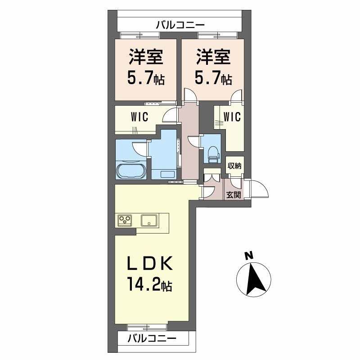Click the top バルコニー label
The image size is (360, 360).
pyautogui.click(x=180, y=25)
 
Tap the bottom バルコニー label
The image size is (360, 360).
pyautogui.click(x=152, y=338)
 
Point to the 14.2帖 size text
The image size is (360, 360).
pyautogui.click(x=149, y=284)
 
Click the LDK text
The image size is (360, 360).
pyautogui.click(x=150, y=263)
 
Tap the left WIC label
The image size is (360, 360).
pyautogui.click(x=139, y=117)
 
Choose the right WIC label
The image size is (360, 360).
pyautogui.click(x=232, y=117)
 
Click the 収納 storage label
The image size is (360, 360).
pyautogui.click(x=234, y=166)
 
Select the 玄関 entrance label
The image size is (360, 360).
pyautogui.click(x=234, y=195)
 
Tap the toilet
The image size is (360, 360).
pyautogui.click(x=213, y=154)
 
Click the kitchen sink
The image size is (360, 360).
pyautogui.click(x=149, y=220)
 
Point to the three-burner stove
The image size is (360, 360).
pyautogui.click(x=125, y=220)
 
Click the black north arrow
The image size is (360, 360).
pyautogui.click(x=255, y=279)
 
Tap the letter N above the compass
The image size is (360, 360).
pyautogui.click(x=249, y=255)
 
